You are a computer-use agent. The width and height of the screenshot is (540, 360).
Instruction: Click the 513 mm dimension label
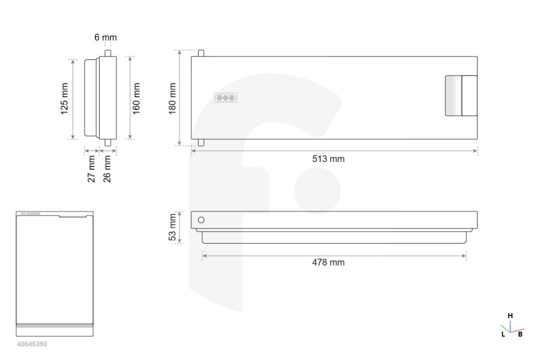pos(328,159)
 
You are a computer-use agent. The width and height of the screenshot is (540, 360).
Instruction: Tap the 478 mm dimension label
pos(328,263)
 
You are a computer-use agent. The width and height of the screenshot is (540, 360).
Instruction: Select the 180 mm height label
pos(172,98)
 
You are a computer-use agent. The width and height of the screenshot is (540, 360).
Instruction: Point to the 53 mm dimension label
pos(172,227)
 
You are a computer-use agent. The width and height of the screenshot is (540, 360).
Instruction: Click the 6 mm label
pos(106,37)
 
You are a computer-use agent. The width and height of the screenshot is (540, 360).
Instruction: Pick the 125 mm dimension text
pos(64,98)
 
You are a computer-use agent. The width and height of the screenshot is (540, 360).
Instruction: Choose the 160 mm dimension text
pos(136,98)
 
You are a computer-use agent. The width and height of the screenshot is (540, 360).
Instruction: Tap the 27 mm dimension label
pos(91,169)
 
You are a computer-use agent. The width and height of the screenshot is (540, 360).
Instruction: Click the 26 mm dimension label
pos(107,169)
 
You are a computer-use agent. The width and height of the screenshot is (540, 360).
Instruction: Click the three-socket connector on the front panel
pos(226,98)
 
